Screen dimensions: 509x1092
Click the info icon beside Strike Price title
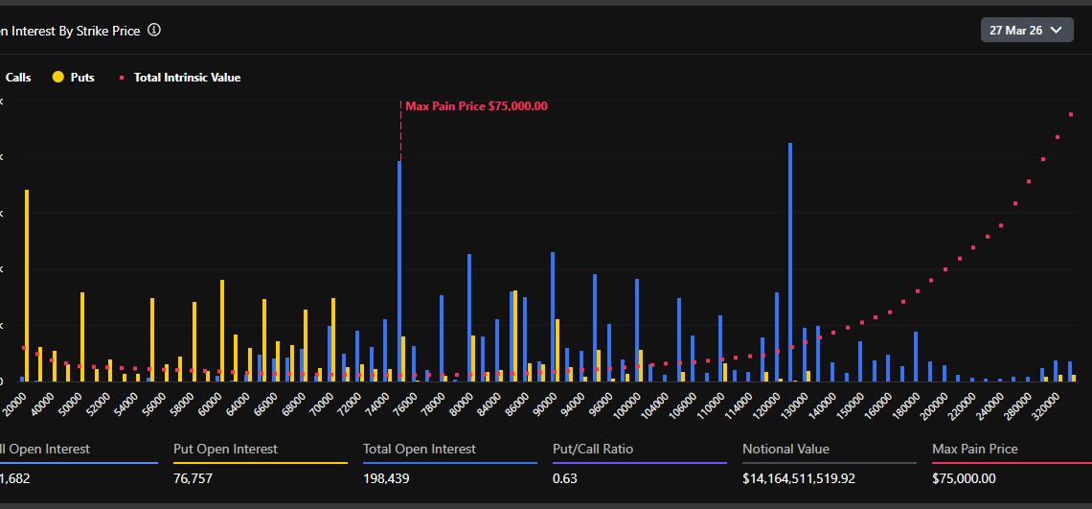tap(154, 31)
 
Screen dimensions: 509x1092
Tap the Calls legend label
tap(17, 78)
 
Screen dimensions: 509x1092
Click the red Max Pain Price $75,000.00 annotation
tap(476, 106)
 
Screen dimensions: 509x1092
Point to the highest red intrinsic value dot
tap(1071, 115)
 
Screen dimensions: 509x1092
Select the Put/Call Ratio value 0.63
tap(565, 478)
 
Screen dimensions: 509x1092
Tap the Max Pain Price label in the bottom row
tap(974, 449)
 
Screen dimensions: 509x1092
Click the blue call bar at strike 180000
tap(916, 357)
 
